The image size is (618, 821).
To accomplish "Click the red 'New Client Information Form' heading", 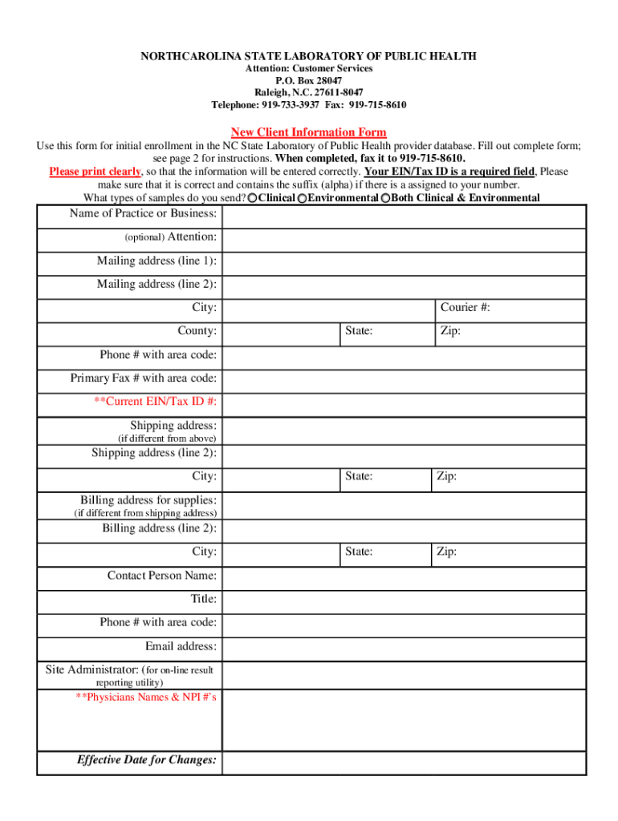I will click(308, 132).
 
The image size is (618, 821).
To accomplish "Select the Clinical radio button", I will click(253, 198).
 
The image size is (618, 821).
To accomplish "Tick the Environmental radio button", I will click(302, 198).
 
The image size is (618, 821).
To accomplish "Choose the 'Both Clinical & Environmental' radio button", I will click(386, 198).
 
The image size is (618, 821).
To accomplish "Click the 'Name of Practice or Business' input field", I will click(404, 216).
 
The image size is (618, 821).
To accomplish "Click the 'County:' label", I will click(197, 330).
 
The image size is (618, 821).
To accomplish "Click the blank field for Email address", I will click(404, 647).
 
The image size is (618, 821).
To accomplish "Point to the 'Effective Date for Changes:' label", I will click(146, 760).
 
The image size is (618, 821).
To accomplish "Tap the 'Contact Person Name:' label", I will click(161, 576).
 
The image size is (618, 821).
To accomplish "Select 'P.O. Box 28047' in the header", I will click(308, 81).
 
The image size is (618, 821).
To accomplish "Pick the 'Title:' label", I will click(203, 599).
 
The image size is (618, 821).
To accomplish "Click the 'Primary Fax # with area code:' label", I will click(143, 378).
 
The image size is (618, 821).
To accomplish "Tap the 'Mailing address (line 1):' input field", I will click(404, 262).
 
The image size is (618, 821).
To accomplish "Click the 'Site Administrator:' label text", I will click(91, 669).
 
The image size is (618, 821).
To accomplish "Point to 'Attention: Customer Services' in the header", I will click(308, 69).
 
